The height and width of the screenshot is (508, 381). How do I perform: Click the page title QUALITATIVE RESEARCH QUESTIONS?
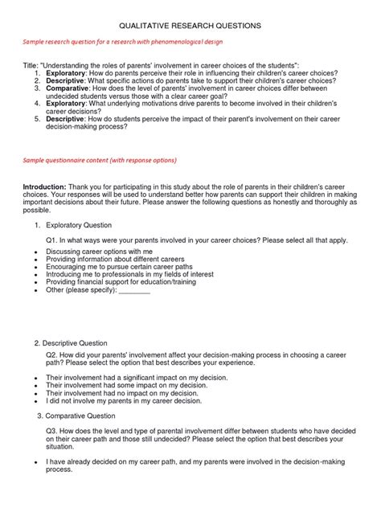coord(190,27)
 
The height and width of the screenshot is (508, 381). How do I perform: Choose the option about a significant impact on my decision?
coord(127,377)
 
